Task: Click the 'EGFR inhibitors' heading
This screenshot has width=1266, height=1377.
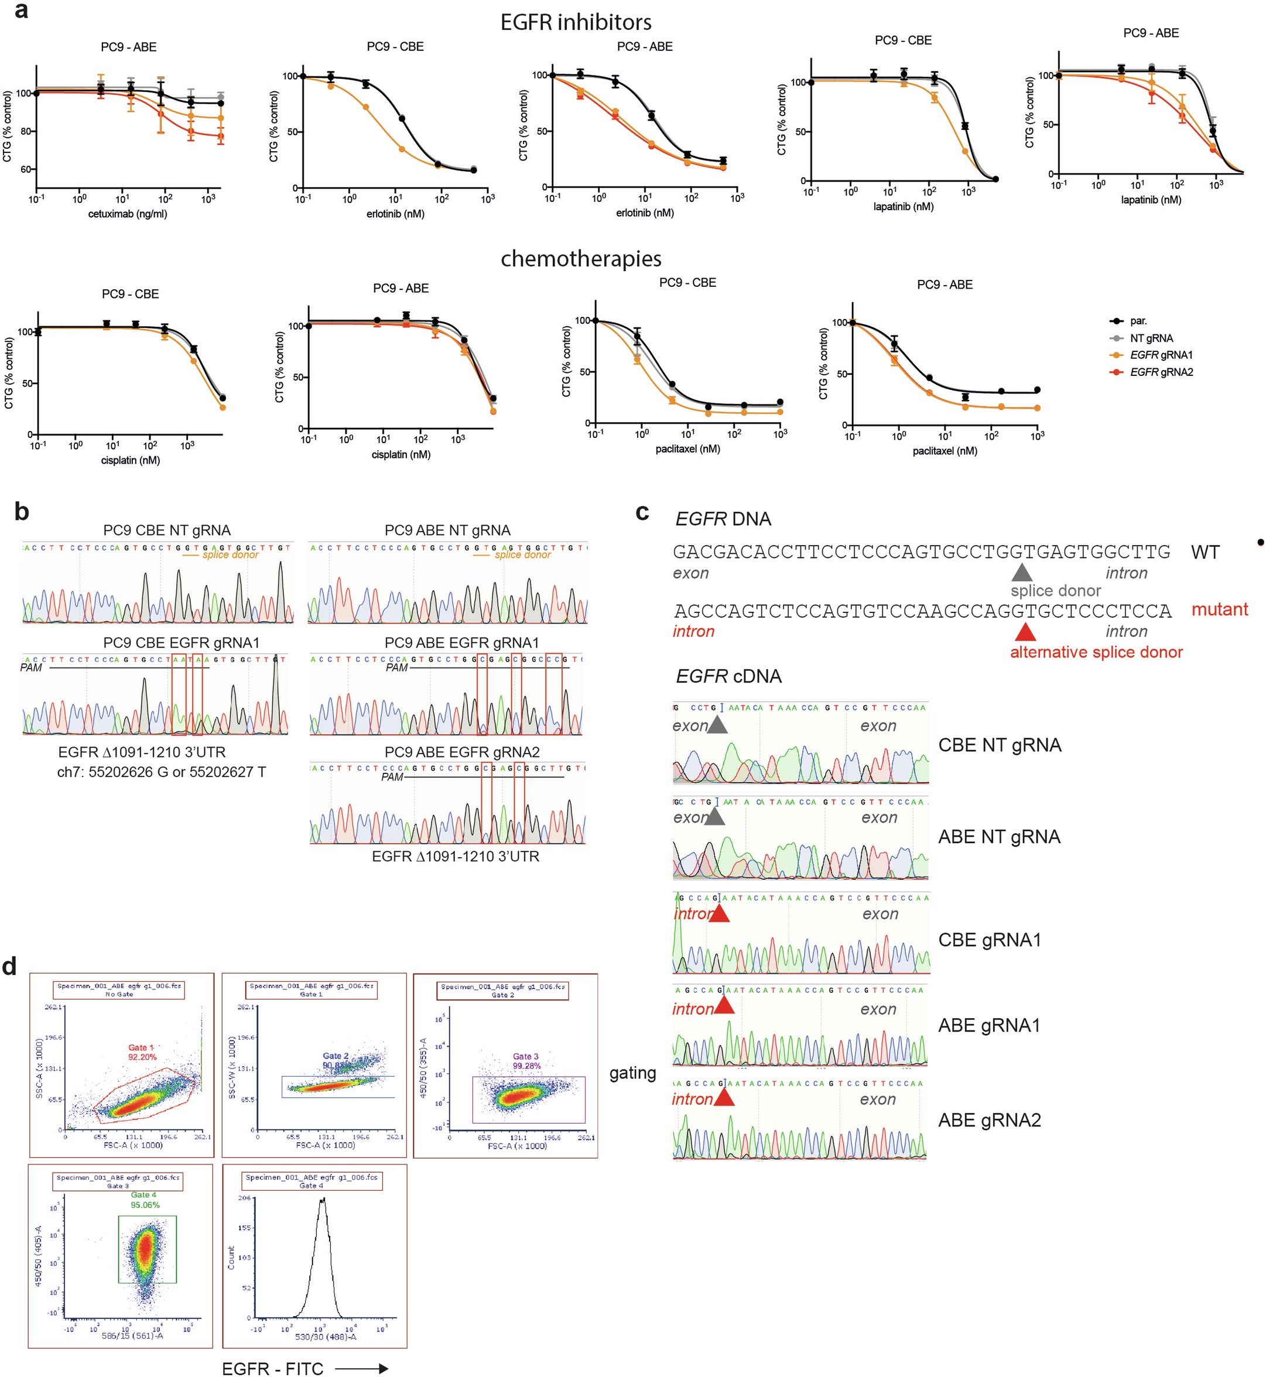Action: (576, 23)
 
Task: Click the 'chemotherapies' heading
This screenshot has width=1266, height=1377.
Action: (581, 259)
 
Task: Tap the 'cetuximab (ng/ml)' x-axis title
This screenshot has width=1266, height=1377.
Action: (128, 214)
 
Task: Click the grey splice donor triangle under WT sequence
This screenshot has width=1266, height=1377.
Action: (1021, 573)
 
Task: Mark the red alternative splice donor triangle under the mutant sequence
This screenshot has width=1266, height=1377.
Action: (1024, 632)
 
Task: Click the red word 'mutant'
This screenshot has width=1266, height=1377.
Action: (1219, 609)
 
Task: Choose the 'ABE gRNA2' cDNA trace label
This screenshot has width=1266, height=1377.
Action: (989, 1120)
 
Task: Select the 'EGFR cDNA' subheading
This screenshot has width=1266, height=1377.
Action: (728, 677)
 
